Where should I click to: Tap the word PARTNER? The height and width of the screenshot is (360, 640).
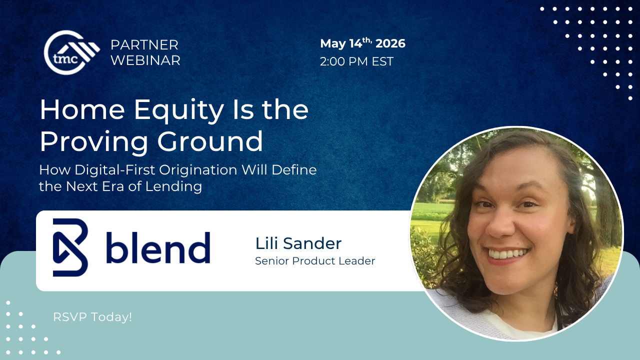click(144, 45)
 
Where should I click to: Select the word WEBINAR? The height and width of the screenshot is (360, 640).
click(145, 60)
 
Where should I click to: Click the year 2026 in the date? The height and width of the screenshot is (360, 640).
click(390, 43)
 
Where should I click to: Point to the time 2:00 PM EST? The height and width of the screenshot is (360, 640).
click(356, 61)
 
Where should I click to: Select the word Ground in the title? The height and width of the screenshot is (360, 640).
click(210, 141)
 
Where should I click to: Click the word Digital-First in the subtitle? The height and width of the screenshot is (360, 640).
click(114, 170)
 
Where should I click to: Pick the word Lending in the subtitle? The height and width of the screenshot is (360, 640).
click(173, 187)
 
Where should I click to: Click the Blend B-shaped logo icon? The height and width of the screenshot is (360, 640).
click(70, 247)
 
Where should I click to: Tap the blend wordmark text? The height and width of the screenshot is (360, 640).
click(158, 247)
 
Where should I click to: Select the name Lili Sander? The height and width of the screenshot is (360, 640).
click(298, 243)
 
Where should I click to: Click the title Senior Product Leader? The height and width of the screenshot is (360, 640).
click(315, 261)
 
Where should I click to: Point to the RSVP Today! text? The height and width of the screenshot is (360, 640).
click(92, 317)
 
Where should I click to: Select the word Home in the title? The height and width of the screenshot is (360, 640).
click(82, 110)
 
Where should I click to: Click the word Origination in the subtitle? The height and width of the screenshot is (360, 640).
click(198, 170)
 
